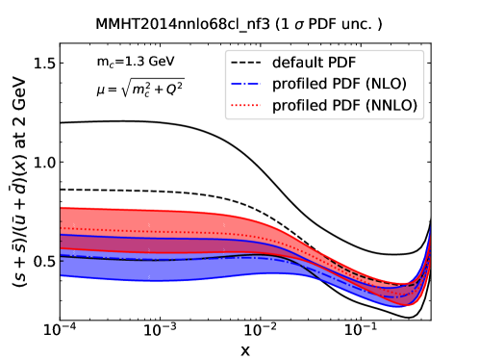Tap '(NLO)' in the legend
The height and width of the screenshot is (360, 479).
(x=378, y=85)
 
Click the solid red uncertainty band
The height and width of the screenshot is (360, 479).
(x=144, y=219)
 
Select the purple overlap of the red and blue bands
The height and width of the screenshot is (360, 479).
(x=144, y=244)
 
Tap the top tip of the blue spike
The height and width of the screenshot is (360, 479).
(x=429, y=228)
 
